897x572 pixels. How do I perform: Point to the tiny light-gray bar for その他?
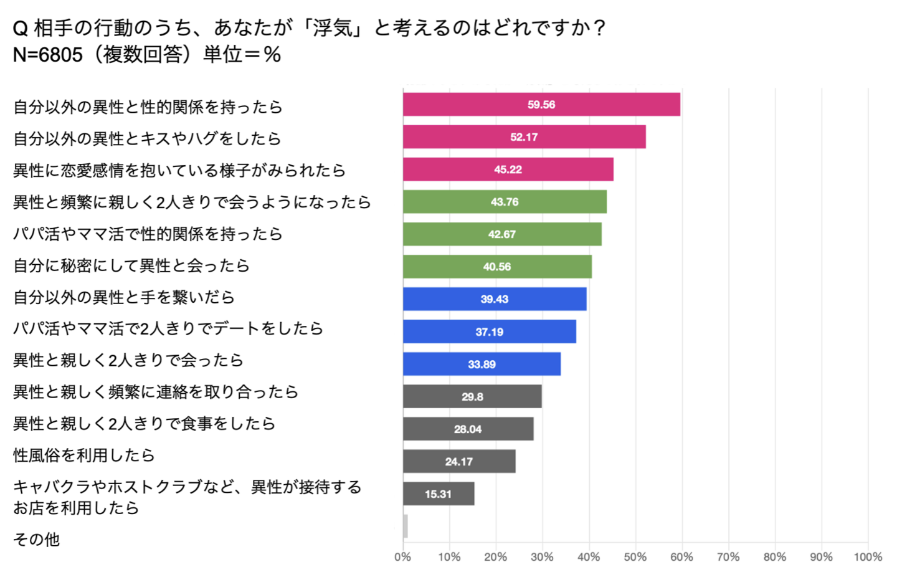click(x=406, y=527)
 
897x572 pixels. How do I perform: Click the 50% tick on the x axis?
click(x=635, y=557)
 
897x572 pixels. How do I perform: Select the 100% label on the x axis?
click(x=868, y=557)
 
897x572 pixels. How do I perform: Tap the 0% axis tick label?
click(x=402, y=557)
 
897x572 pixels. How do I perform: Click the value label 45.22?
click(x=508, y=169)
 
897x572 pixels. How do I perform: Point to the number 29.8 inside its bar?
click(x=472, y=397)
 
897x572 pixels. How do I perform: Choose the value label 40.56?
click(x=496, y=267)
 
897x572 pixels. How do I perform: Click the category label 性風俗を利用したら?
click(x=84, y=455)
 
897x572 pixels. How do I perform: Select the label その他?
click(x=36, y=540)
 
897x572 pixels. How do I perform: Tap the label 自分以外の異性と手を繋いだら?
click(x=124, y=297)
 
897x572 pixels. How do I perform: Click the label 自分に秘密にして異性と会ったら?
click(x=131, y=266)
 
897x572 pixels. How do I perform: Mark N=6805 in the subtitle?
click(x=47, y=55)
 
